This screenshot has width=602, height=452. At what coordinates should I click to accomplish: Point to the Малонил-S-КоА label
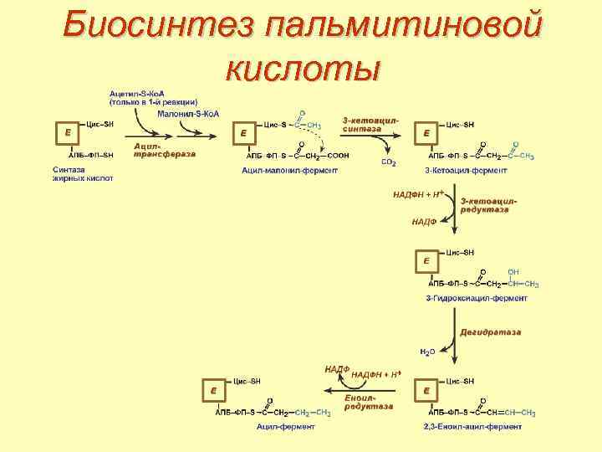tap(187, 113)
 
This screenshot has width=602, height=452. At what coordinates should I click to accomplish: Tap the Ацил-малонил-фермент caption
tap(289, 170)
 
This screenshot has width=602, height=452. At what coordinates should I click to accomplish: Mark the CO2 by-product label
tap(388, 162)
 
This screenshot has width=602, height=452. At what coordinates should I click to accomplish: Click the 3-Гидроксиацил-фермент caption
tap(477, 297)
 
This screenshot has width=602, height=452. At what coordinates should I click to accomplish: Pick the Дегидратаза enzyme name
tap(490, 332)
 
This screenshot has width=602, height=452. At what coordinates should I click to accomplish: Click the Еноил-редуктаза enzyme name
tap(368, 401)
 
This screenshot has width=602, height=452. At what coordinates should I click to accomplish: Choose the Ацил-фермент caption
tap(286, 427)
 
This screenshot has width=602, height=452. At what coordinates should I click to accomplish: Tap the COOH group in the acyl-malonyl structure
tap(338, 156)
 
